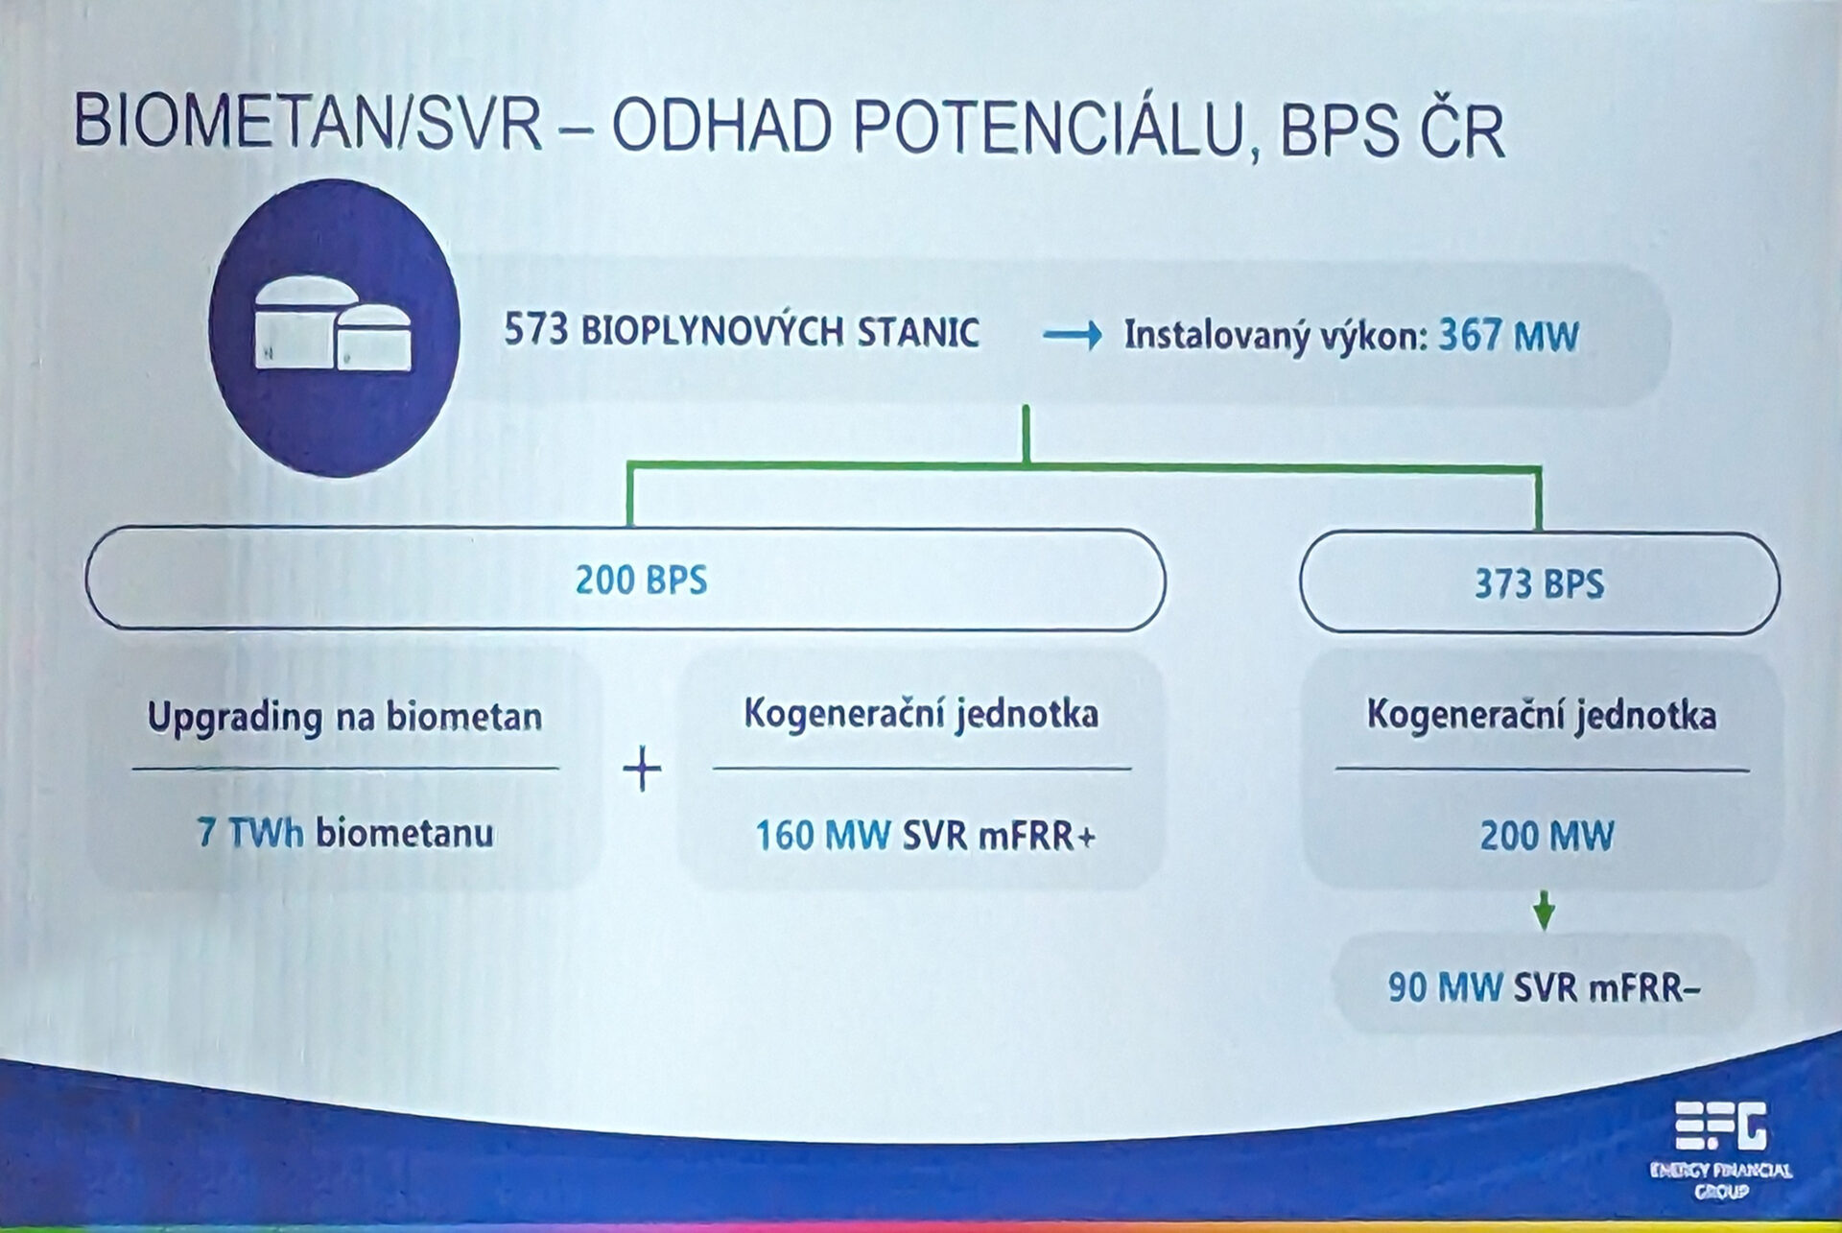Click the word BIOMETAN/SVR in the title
coord(309,123)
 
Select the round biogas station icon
coord(334,328)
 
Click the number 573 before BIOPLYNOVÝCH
coord(536,331)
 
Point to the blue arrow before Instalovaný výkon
coord(1073,336)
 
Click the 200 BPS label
coord(641,581)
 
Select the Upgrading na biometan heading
coord(345,718)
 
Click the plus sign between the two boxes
coord(643,771)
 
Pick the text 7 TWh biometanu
coord(345,832)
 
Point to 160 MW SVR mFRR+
coord(925,836)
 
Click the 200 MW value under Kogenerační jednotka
coord(1547,836)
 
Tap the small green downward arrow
coord(1544,910)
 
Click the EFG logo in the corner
coord(1720,1126)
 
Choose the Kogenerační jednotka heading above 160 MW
coord(921,715)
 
